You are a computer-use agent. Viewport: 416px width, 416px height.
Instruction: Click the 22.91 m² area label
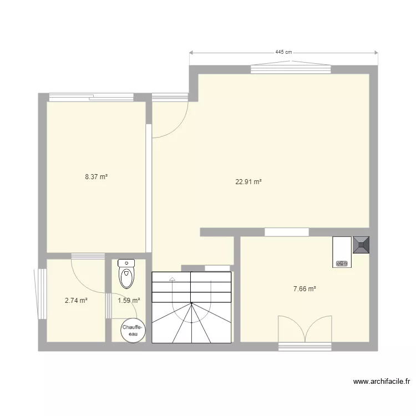pyautogui.click(x=248, y=181)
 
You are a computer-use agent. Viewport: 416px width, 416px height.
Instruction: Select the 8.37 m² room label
pyautogui.click(x=96, y=177)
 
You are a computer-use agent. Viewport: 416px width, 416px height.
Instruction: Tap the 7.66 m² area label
pyautogui.click(x=305, y=288)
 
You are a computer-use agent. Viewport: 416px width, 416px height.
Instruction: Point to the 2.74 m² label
pyautogui.click(x=76, y=301)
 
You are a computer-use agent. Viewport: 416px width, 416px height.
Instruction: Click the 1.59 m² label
pyautogui.click(x=129, y=301)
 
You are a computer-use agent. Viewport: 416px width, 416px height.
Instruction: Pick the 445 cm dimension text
pyautogui.click(x=283, y=52)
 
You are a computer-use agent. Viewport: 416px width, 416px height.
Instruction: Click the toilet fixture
pyautogui.click(x=127, y=275)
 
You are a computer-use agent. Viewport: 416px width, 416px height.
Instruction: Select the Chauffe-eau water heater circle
pyautogui.click(x=133, y=331)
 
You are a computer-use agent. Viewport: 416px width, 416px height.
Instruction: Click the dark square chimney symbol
pyautogui.click(x=361, y=245)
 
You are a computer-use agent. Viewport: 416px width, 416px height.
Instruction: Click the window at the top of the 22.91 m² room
pyautogui.click(x=291, y=69)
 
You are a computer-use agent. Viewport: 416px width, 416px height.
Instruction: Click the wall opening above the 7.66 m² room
pyautogui.click(x=287, y=232)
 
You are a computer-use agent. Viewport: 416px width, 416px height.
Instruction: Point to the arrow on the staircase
pyautogui.click(x=173, y=280)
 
